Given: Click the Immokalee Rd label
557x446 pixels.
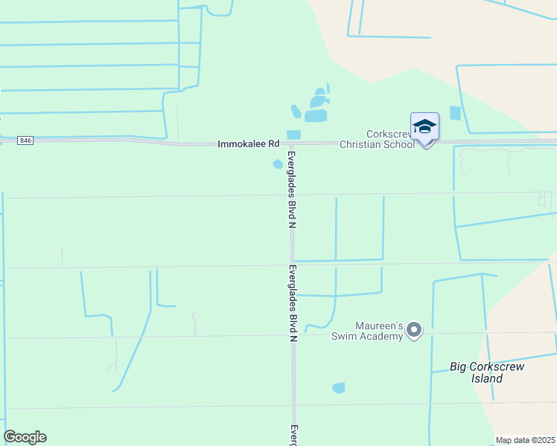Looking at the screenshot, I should [x=248, y=143].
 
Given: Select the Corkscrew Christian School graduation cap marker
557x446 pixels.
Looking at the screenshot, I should [x=424, y=127].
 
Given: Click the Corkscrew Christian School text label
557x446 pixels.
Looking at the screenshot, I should [x=377, y=139].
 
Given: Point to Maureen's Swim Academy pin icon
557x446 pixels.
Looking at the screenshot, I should [x=415, y=329].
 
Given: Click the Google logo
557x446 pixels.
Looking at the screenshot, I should [x=25, y=437].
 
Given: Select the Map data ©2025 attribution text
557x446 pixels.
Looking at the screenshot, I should [x=524, y=440].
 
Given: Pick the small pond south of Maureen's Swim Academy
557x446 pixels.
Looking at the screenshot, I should [x=339, y=387].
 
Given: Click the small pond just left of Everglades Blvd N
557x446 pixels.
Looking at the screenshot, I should [x=278, y=164].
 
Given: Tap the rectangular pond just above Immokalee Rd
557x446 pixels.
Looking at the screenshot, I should [x=293, y=135].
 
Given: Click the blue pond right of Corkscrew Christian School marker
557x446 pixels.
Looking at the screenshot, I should [x=455, y=113].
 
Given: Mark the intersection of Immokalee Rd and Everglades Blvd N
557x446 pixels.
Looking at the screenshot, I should [x=293, y=143].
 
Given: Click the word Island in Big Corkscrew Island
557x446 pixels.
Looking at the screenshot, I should [x=487, y=378].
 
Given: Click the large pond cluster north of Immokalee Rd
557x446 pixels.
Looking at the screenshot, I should [x=316, y=109].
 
